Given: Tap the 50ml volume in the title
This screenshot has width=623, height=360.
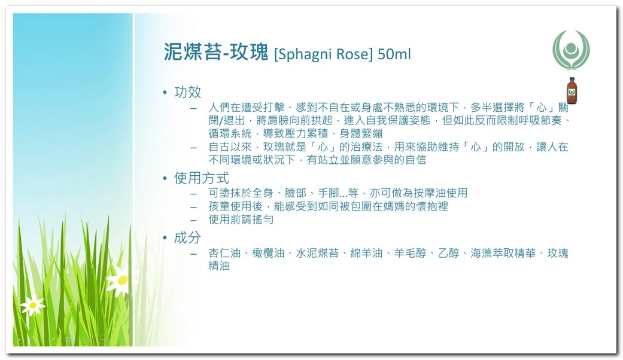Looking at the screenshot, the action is coord(394,54).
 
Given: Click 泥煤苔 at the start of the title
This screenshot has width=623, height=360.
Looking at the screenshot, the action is coord(192,52).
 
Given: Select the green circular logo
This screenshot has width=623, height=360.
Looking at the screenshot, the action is coord(571,50).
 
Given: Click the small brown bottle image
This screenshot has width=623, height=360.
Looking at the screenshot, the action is coord(572,91).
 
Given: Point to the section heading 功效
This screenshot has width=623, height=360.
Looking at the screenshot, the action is coord(187,92).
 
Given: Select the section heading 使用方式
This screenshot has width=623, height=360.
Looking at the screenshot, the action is coord(202,178).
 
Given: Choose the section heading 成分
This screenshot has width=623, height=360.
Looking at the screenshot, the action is coord(187,238).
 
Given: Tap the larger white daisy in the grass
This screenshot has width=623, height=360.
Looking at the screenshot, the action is coord(122,280).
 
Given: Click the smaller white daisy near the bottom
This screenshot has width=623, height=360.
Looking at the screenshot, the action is coord(32,305).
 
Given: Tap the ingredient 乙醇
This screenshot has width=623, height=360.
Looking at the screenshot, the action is coord(449,253).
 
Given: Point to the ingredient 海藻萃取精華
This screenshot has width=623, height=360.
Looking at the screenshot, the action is coord(503,253).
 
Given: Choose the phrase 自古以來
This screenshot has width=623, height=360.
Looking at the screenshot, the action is coord(230,147).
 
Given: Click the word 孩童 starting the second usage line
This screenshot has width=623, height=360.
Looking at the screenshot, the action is coord(219,206).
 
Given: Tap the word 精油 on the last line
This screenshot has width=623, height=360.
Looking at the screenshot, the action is coord(219,266).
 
